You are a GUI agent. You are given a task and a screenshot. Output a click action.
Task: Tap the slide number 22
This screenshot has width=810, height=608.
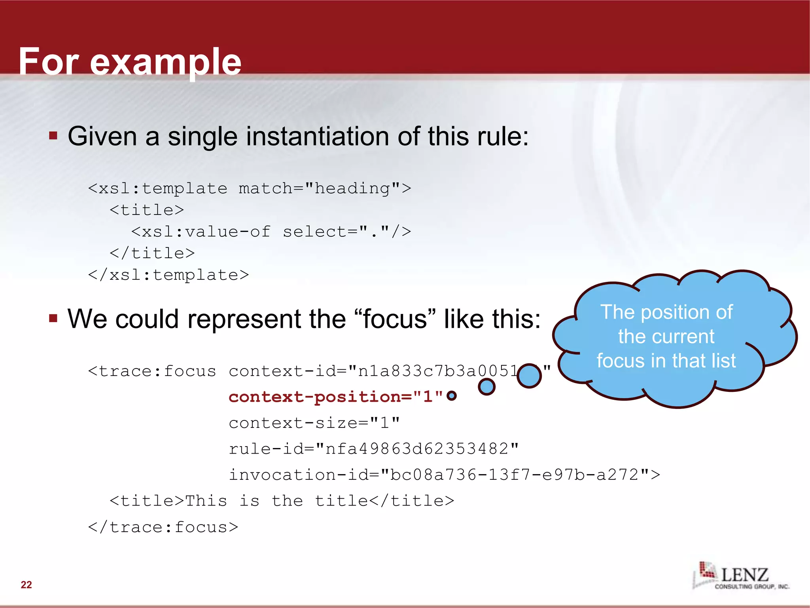pos(26,585)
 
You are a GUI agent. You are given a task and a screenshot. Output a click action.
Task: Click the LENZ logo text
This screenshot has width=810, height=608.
pos(744,574)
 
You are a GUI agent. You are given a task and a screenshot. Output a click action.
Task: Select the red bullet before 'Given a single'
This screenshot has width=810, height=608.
pos(53,136)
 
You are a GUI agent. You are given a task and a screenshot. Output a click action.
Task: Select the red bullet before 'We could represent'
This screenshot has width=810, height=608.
pos(53,318)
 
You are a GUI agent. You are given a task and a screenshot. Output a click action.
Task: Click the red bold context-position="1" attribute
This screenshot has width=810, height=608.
pos(335,397)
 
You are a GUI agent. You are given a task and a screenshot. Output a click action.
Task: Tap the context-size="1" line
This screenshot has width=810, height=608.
pos(314,423)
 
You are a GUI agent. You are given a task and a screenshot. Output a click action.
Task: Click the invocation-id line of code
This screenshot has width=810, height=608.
pos(444,475)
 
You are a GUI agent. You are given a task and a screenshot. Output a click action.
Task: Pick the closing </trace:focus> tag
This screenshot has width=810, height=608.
pos(163,527)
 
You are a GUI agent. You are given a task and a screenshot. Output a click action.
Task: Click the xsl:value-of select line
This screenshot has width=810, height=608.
pos(271,232)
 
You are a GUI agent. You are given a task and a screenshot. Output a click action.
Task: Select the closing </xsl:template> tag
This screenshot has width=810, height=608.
pos(168,275)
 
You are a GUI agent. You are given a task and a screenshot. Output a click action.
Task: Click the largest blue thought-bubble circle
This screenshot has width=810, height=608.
pos(529,376)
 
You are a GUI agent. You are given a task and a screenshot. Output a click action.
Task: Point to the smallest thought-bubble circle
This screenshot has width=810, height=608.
pos(451,395)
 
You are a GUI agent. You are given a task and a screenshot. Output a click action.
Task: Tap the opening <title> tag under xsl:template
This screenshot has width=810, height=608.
pos(147,210)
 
